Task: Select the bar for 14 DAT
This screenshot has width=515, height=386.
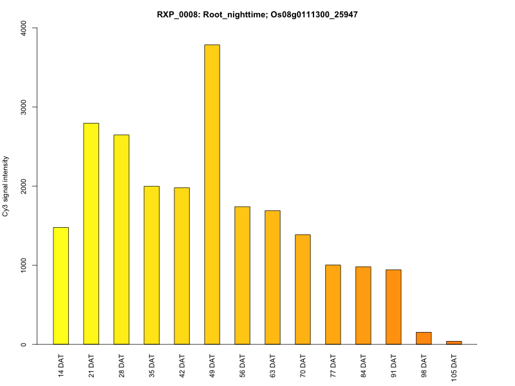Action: tap(61, 286)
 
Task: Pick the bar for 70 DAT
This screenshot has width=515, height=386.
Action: tap(303, 289)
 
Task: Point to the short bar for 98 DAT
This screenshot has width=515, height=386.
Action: tap(424, 338)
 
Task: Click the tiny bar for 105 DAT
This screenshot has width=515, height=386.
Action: tap(454, 342)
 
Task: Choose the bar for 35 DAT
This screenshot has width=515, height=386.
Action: tap(151, 265)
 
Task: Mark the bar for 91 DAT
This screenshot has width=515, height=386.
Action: tap(393, 307)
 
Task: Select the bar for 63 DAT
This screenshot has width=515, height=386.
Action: tap(272, 277)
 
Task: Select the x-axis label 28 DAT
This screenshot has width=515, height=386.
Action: tap(122, 365)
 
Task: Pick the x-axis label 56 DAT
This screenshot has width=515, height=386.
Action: tap(243, 365)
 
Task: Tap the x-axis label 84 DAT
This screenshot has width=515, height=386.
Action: tap(364, 365)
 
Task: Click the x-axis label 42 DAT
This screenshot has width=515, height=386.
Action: tap(182, 365)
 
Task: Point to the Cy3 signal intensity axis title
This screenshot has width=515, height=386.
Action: tap(6, 186)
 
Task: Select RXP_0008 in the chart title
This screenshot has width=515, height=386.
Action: tap(176, 14)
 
